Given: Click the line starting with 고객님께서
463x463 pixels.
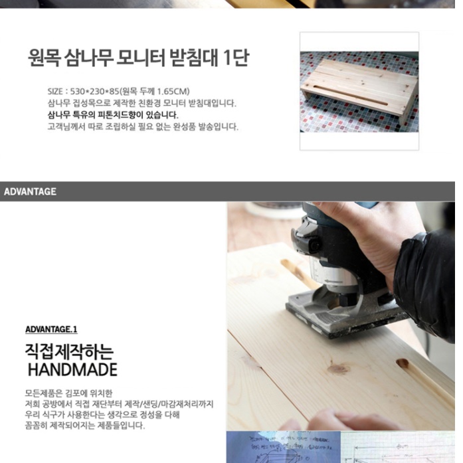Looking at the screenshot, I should point(142,126).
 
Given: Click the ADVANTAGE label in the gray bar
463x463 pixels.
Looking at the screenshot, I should point(30,192).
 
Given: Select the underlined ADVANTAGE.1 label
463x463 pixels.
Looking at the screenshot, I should point(51,329).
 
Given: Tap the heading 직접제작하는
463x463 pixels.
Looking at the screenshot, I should point(69,350).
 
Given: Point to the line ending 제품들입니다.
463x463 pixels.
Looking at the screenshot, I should point(84,424).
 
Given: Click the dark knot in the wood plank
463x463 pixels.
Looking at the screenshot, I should point(337,367).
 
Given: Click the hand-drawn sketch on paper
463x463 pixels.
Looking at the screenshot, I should point(286,448).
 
